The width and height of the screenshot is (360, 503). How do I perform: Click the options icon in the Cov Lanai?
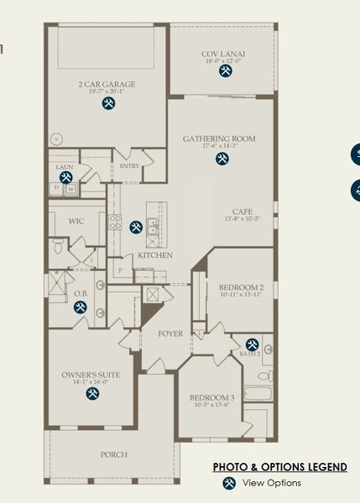(x=226, y=72)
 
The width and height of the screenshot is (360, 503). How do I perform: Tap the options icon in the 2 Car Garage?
(x=109, y=103)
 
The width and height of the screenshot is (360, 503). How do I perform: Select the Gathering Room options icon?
(x=222, y=158)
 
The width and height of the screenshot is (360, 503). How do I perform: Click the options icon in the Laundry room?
(x=65, y=178)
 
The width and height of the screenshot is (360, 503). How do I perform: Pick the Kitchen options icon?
(x=136, y=226)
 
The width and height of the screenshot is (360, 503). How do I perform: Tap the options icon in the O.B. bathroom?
(x=81, y=307)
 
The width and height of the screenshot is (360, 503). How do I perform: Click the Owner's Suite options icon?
(x=91, y=394)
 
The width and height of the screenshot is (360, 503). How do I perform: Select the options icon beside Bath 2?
(x=253, y=344)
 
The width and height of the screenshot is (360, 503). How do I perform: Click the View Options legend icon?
(x=228, y=483)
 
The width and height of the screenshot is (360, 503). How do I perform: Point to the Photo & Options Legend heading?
(x=279, y=467)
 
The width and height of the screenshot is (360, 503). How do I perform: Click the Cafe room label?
(x=243, y=211)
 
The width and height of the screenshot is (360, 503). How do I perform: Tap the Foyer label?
(x=170, y=334)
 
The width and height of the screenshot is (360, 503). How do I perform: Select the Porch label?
(x=114, y=454)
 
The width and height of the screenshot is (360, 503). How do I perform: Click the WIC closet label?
(x=75, y=221)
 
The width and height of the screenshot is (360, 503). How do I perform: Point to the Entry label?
(x=129, y=166)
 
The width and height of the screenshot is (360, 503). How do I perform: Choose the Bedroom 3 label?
(x=211, y=397)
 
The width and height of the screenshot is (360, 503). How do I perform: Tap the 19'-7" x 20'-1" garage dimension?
(x=107, y=92)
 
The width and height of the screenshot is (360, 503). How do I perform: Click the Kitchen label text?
(x=155, y=255)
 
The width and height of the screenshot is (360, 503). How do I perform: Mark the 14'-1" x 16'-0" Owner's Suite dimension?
(x=91, y=382)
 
